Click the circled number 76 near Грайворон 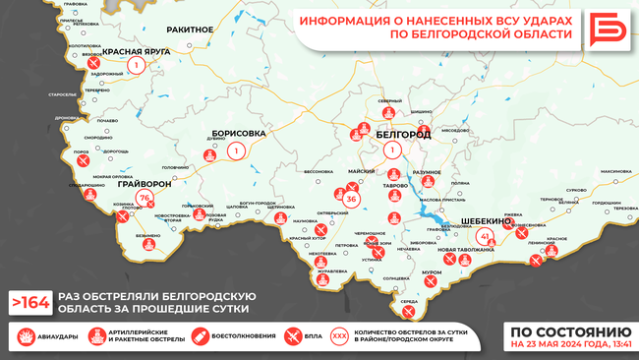point(145,199)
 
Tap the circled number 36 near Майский point(351,200)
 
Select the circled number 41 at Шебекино point(485,237)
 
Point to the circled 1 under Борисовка point(236,151)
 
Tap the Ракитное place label point(191,30)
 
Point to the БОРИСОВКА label point(239,133)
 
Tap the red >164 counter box point(29,302)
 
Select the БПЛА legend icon point(291,336)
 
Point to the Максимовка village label point(615,172)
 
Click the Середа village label point(410,302)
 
